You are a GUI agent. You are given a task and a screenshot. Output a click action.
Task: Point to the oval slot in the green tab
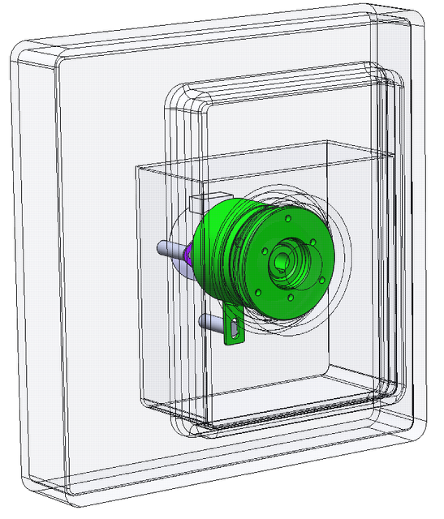[x=235, y=329]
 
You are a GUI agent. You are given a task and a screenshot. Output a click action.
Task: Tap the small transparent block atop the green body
[x=199, y=204]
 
